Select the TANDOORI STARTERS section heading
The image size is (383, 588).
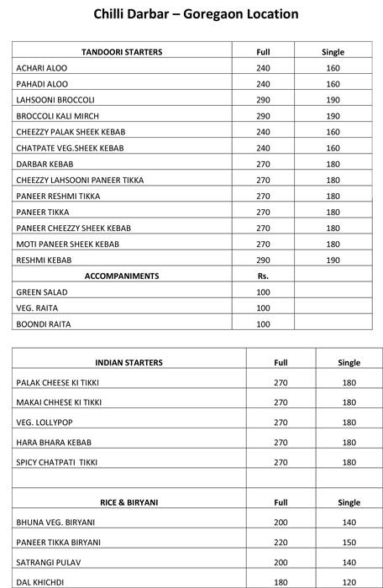pyautogui.click(x=122, y=52)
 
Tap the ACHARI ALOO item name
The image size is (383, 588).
pyautogui.click(x=41, y=68)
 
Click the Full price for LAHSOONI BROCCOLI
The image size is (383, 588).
pyautogui.click(x=263, y=100)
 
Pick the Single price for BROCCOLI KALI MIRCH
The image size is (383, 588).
pyautogui.click(x=333, y=116)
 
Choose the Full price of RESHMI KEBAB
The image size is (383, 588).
pyautogui.click(x=263, y=260)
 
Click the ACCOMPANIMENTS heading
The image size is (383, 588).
pyautogui.click(x=122, y=276)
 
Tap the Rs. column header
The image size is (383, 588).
pyautogui.click(x=263, y=276)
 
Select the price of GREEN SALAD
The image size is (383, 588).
pyautogui.click(x=263, y=292)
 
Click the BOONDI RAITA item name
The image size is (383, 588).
pyautogui.click(x=44, y=324)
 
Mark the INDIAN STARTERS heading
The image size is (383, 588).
pyautogui.click(x=129, y=363)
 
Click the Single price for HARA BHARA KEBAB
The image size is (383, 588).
pyautogui.click(x=348, y=443)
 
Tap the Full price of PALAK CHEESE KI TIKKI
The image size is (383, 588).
pyautogui.click(x=281, y=383)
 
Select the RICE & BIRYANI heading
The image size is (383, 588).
pyautogui.click(x=129, y=502)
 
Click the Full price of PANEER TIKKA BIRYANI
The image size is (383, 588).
pyautogui.click(x=281, y=543)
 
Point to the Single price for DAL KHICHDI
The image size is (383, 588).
pyautogui.click(x=348, y=582)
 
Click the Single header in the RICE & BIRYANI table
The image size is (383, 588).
pyautogui.click(x=348, y=502)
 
